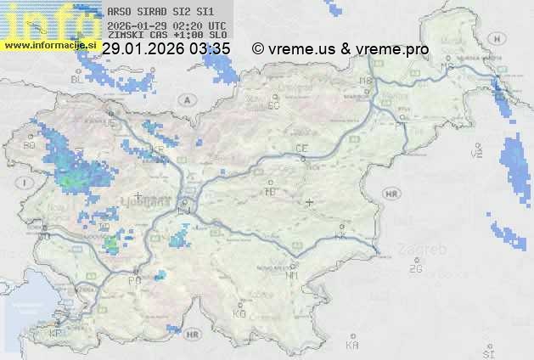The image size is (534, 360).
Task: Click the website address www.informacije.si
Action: (x=48, y=44)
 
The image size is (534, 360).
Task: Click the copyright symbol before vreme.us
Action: (x=258, y=49)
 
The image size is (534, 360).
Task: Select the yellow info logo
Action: (x=47, y=22)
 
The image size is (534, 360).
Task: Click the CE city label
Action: (x=301, y=149)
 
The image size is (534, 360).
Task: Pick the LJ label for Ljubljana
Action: (x=184, y=202)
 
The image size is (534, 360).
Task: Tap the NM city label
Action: (x=293, y=275)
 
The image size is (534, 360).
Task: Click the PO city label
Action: (x=133, y=280)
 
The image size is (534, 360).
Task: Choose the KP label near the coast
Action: (x=56, y=333)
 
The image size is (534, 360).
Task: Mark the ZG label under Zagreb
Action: (x=415, y=269)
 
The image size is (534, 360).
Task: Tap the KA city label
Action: (x=352, y=346)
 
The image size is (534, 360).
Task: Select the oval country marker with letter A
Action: (x=185, y=99)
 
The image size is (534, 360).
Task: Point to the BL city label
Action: (x=76, y=79)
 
